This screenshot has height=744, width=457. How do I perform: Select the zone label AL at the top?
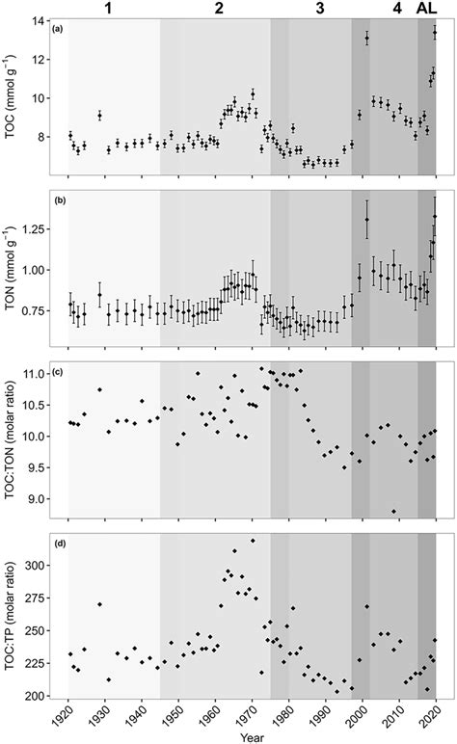pyautogui.click(x=426, y=9)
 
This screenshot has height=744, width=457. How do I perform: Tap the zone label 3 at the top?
pyautogui.click(x=319, y=9)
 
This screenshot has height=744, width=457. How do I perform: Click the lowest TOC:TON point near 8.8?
pyautogui.click(x=393, y=511)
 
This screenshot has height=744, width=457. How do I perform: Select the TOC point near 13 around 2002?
pyautogui.click(x=367, y=39)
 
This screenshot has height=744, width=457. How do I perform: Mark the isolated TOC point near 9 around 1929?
pyautogui.click(x=99, y=116)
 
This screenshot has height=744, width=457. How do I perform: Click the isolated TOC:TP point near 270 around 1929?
pyautogui.click(x=99, y=604)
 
